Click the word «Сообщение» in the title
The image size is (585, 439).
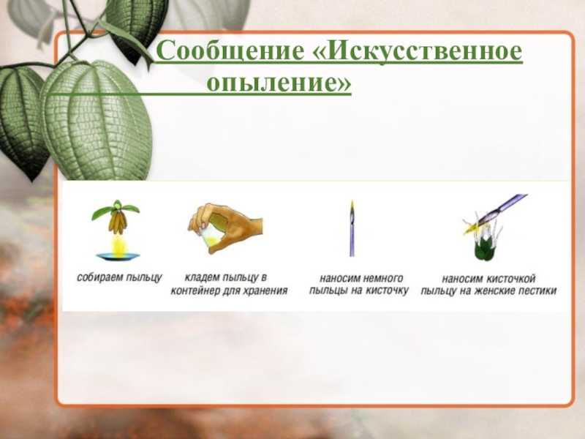230,50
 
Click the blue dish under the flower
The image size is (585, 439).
118,256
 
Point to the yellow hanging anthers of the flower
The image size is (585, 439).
118,222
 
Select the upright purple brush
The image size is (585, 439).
352,228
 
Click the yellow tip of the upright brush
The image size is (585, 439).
352,206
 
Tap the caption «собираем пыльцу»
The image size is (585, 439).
119,278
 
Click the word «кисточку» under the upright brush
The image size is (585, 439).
387,290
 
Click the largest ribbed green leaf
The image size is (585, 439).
97,119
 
